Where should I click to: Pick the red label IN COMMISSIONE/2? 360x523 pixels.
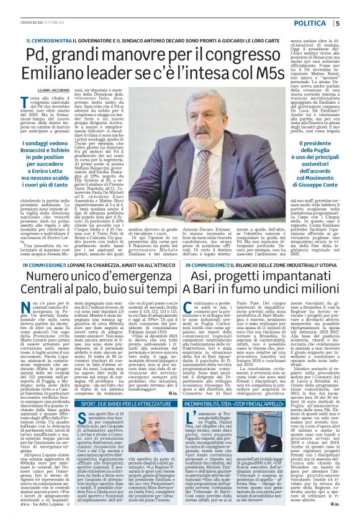(209, 266)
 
